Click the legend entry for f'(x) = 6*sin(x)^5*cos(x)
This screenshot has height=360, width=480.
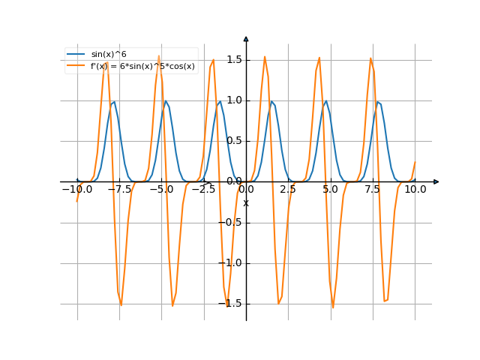(x=131, y=66)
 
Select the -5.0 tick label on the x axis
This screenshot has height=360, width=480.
(x=161, y=190)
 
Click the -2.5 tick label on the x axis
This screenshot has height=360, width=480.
(x=203, y=190)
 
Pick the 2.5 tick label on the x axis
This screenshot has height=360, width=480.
(x=288, y=190)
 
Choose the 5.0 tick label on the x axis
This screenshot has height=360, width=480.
(x=330, y=190)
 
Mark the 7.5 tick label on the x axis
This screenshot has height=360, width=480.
(x=373, y=190)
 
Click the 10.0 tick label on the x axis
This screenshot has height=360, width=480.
(x=415, y=190)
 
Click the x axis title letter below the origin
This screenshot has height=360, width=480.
(x=245, y=202)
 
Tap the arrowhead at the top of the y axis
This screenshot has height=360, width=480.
(x=246, y=38)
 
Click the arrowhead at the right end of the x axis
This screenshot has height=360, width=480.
(x=436, y=181)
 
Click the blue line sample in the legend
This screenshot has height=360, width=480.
(x=76, y=55)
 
